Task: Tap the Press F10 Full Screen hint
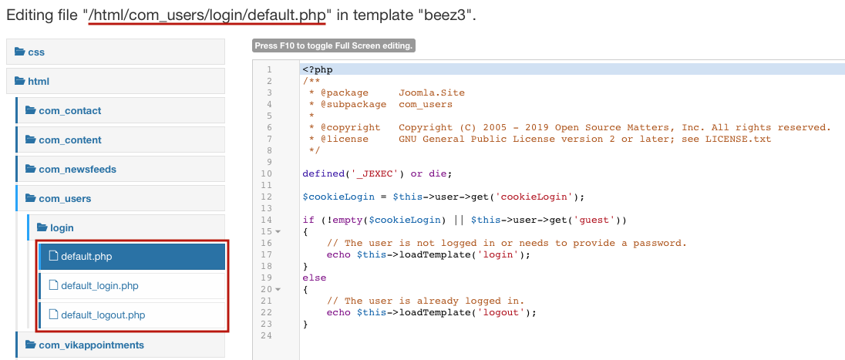[x=334, y=45]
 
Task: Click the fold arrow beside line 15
[x=278, y=232]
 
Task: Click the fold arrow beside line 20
[x=278, y=289]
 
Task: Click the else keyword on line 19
[x=315, y=278]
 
